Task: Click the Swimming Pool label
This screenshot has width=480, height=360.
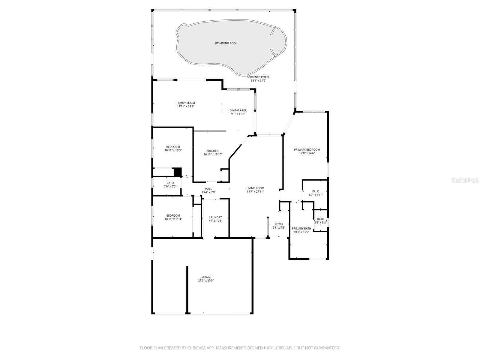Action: [226, 43]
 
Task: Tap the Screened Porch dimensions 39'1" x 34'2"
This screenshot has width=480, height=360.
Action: [258, 81]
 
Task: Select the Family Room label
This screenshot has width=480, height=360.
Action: [185, 103]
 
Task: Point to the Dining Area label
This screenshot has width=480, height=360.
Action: [238, 110]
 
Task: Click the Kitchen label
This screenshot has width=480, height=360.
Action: [213, 151]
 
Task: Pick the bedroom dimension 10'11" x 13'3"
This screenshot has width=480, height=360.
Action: [173, 150]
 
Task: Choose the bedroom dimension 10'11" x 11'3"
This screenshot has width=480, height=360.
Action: [173, 219]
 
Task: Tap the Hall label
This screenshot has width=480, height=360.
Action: [208, 189]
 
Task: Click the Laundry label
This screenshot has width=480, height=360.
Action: [215, 217]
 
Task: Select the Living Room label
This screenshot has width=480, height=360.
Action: [255, 188]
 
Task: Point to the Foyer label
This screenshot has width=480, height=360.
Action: [279, 224]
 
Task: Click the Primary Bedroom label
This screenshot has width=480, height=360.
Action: [307, 150]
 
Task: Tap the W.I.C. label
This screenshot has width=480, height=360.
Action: [316, 191]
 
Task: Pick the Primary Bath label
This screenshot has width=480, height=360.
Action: [301, 228]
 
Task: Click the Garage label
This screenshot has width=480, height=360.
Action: [206, 277]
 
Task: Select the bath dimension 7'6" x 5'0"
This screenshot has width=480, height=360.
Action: [170, 187]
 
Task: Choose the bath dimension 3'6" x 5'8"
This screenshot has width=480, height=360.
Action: [320, 223]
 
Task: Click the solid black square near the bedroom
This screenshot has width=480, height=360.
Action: [178, 172]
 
